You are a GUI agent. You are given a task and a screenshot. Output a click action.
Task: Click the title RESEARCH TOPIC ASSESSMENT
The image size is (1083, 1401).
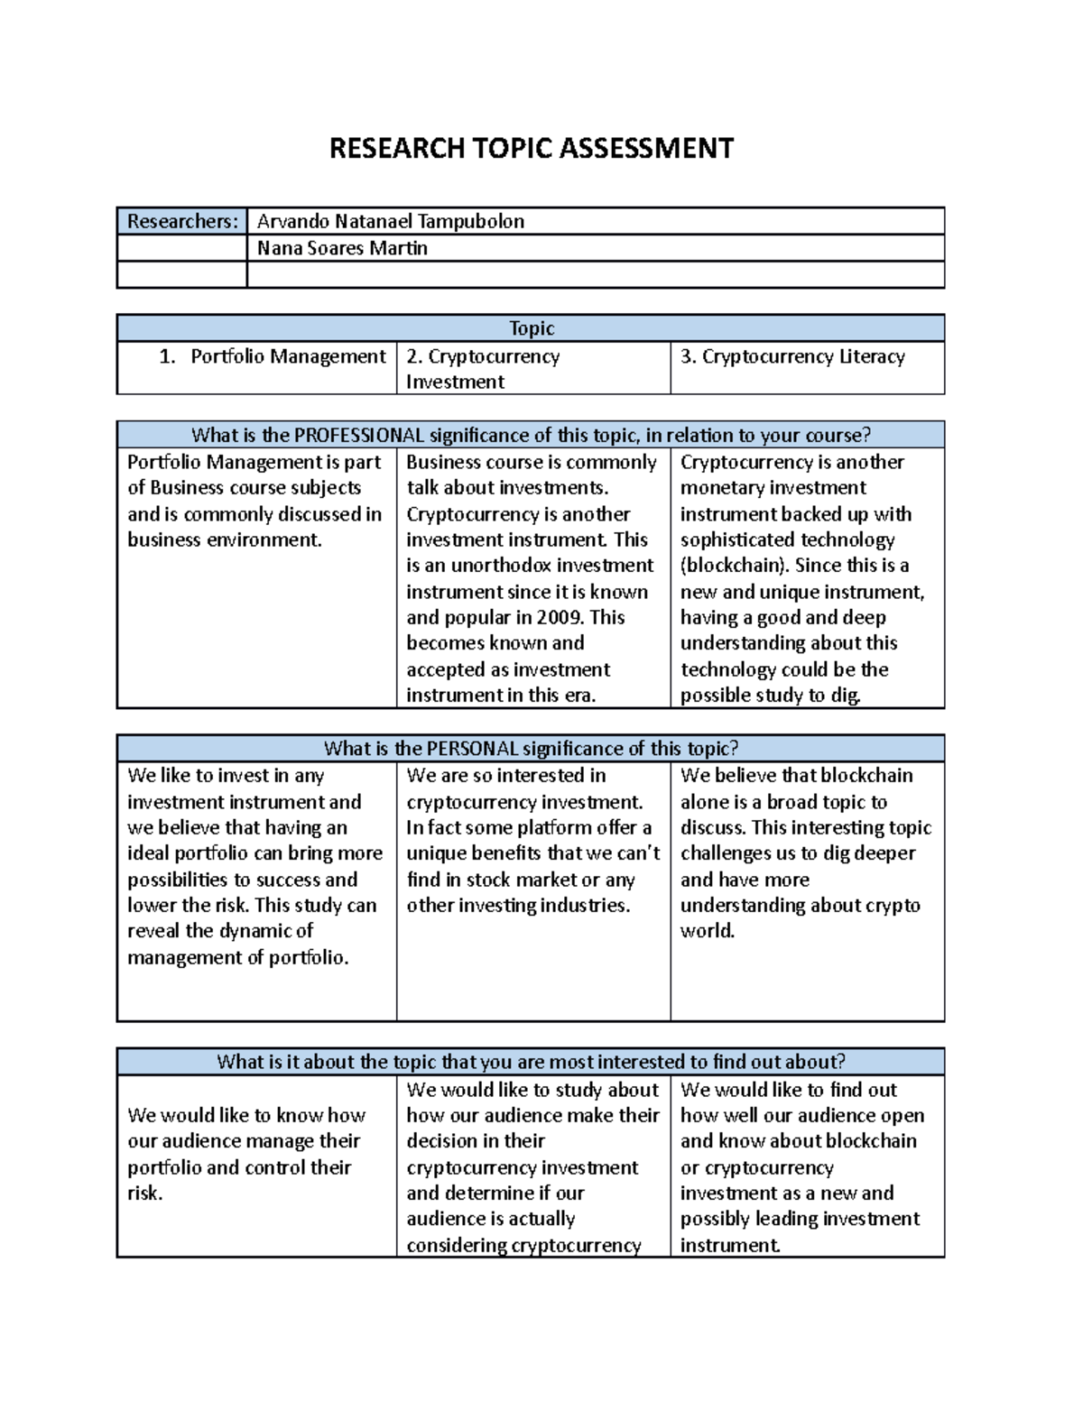coord(531,148)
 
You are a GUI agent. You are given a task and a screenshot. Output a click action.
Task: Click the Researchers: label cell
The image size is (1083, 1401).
coord(182,221)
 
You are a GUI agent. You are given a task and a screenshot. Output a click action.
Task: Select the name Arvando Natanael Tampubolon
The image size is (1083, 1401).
coord(390,221)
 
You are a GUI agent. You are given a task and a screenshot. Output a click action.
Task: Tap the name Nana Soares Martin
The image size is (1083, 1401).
coord(342,248)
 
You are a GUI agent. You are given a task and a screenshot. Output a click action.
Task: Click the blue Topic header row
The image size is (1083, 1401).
coord(531,328)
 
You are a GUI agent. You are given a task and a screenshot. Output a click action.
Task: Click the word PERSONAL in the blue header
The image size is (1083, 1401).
coord(472,749)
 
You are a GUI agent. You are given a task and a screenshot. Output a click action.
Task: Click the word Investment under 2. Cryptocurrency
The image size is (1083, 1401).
coord(455,382)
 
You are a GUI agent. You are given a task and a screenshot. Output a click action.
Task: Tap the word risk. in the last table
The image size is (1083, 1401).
coord(145,1194)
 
